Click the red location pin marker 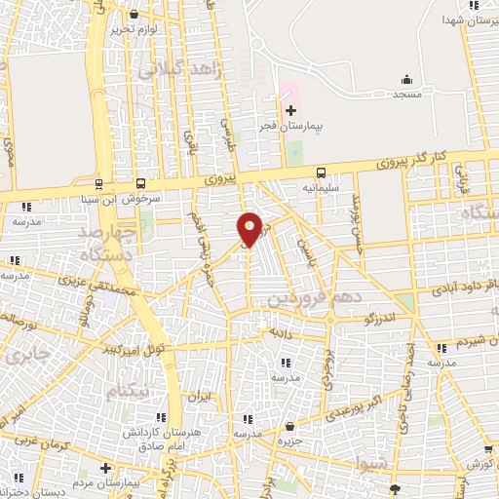point(249,228)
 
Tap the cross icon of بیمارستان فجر point(290,110)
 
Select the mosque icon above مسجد point(405,80)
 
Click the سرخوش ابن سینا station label point(133,198)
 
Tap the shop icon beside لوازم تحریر point(134,15)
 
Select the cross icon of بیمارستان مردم point(104,467)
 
